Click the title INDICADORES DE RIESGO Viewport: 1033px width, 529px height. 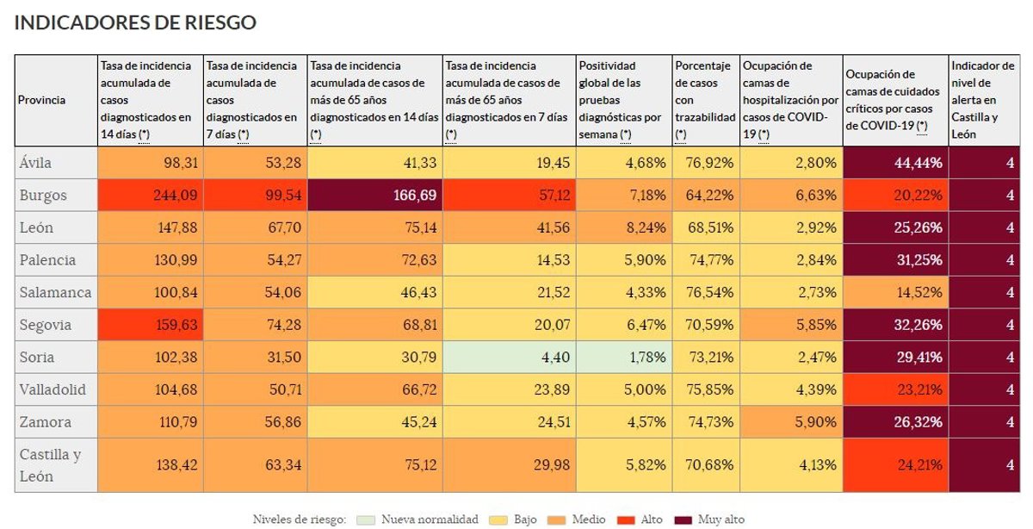[x=135, y=23]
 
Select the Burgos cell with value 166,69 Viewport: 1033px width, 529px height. [x=375, y=196]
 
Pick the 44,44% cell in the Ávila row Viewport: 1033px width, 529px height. [x=894, y=163]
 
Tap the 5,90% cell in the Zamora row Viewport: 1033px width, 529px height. [x=789, y=422]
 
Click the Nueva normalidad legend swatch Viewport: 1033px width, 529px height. [x=365, y=520]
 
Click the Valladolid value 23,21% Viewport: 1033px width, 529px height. [x=894, y=389]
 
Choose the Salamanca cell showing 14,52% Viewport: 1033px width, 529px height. [x=894, y=293]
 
